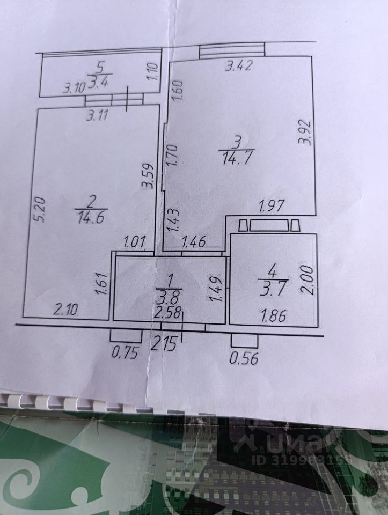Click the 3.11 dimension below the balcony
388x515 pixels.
click(x=100, y=114)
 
